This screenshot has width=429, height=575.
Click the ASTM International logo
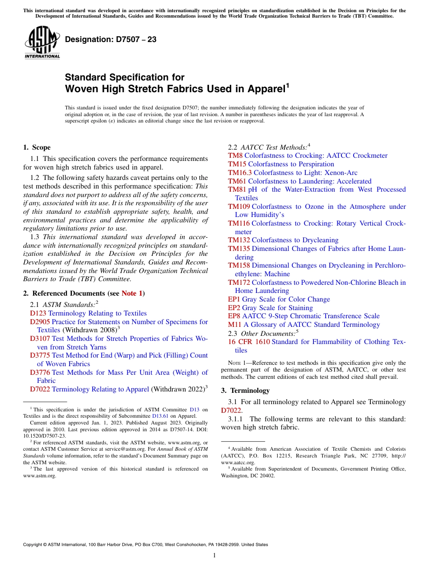coord(42,42)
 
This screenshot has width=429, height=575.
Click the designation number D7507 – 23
coord(111,40)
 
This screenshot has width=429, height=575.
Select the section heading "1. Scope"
coord(37,147)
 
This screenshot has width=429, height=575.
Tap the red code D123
coord(38,313)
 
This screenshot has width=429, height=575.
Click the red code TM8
coord(235,156)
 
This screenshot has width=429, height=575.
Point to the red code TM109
coord(239,207)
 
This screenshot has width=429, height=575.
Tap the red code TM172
coord(239,283)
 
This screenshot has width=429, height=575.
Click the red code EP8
coord(234,316)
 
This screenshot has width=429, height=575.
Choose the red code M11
coord(235,325)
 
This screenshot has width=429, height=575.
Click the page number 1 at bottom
coord(214,555)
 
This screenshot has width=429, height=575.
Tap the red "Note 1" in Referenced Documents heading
coord(132,293)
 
